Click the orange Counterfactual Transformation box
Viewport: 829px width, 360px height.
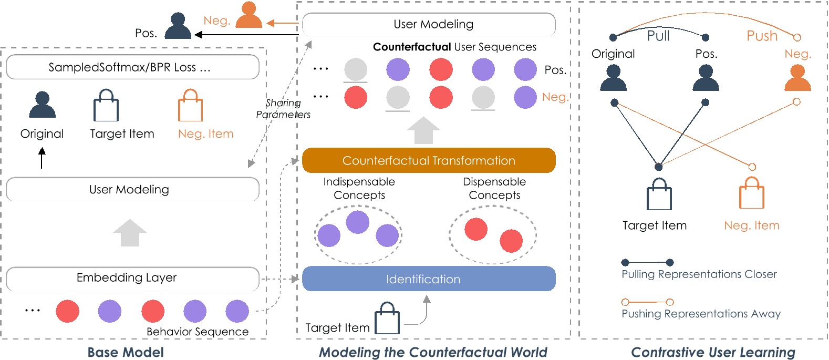429,160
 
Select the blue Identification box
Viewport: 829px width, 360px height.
429,279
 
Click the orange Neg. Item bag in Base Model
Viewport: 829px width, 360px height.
190,106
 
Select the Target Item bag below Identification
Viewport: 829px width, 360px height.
387,318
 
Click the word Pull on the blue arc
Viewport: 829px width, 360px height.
658,36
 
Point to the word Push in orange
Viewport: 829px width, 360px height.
762,36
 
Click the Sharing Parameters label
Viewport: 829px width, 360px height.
283,109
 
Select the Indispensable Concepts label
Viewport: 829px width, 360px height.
359,188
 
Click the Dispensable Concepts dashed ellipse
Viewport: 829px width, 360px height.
492,234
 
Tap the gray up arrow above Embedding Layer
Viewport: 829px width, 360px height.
130,233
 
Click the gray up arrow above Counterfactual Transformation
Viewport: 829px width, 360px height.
423,130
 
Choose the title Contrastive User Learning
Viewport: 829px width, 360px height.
713,352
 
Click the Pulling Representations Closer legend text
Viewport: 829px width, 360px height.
699,274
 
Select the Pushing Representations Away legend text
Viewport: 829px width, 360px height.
701,314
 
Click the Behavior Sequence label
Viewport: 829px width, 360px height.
198,332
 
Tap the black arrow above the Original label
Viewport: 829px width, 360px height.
42,158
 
